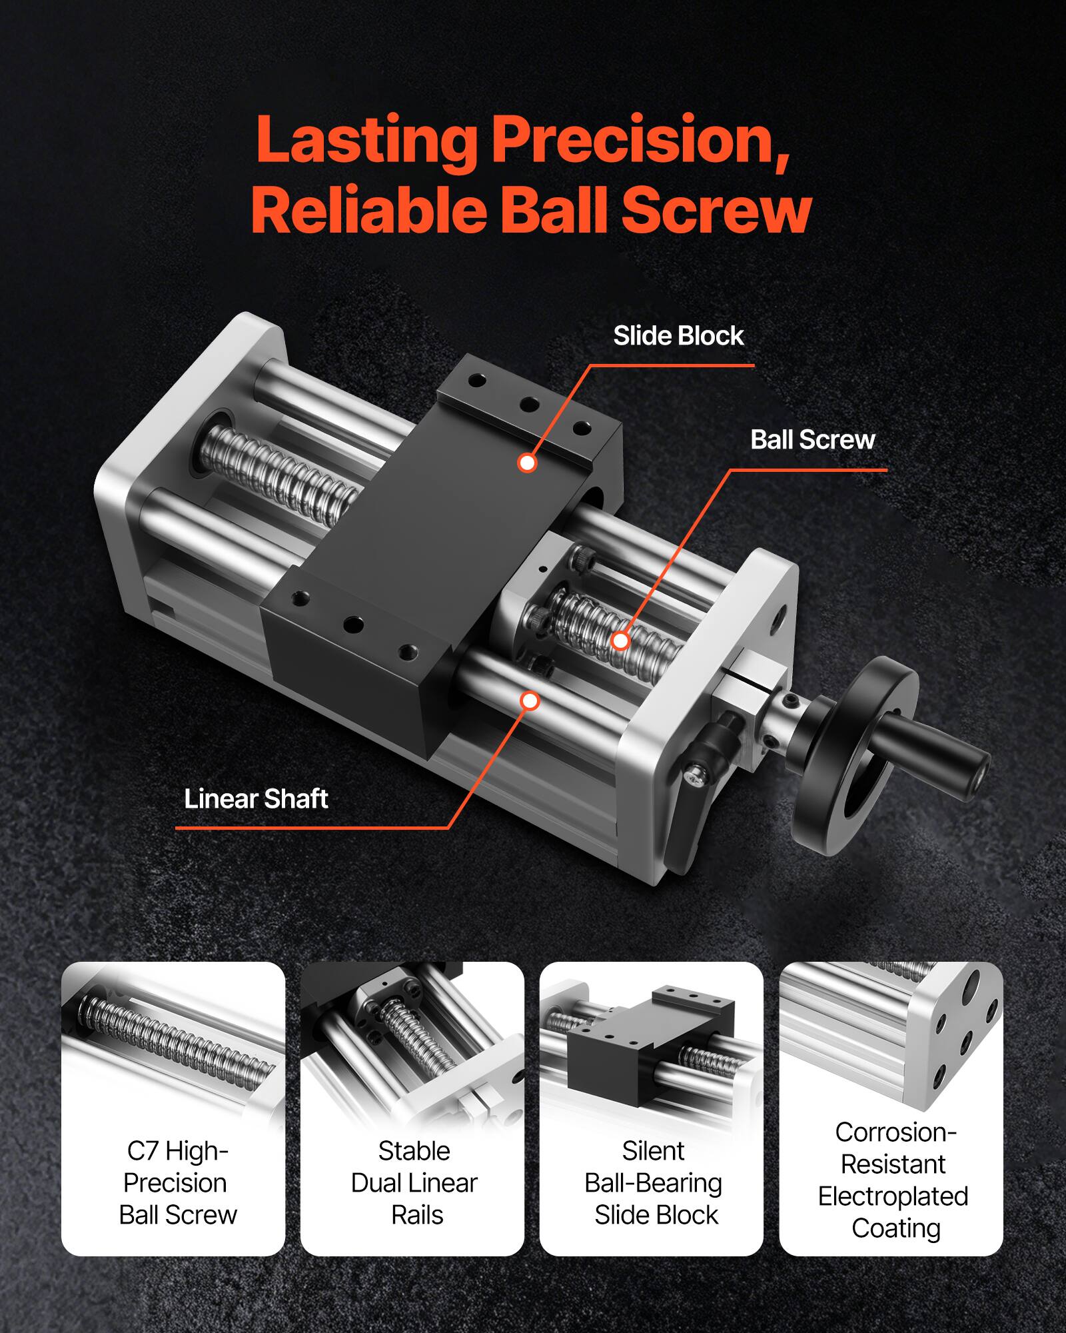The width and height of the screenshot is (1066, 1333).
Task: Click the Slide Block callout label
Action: pos(678,336)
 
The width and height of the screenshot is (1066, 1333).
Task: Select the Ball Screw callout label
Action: pos(812,440)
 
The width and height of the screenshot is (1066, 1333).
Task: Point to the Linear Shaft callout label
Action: pos(256,798)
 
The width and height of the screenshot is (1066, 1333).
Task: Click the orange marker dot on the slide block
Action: pos(527,463)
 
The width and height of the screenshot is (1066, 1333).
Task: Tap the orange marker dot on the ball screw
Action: pos(620,641)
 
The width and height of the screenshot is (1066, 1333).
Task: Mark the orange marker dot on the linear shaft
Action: pos(530,701)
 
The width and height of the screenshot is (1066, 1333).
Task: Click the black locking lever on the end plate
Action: pos(700,800)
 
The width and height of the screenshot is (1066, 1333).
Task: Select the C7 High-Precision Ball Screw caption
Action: pos(177,1183)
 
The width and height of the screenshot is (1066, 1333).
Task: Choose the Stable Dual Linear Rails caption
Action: pos(414,1183)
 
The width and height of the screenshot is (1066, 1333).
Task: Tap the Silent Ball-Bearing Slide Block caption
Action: pos(654,1183)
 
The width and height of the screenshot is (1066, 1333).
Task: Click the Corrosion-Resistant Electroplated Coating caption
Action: pos(893,1180)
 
